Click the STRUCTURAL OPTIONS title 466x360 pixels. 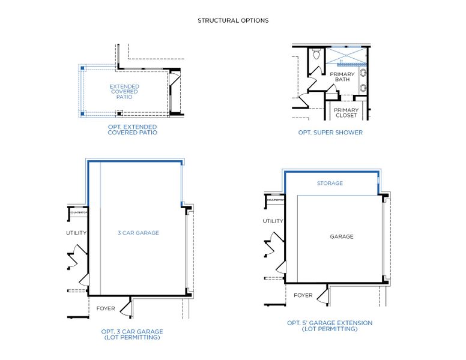pos(233,20)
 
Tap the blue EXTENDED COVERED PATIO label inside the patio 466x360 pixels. pos(124,92)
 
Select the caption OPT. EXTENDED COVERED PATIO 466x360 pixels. pos(132,130)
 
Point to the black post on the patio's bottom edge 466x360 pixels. pos(120,112)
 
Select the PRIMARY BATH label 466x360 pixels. pos(342,77)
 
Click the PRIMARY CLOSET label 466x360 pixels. pos(346,113)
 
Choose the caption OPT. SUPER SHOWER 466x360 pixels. pos(330,133)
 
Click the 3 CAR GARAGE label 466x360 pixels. pos(138,233)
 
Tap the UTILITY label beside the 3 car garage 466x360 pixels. pos(76,233)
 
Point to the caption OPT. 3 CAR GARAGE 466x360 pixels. pos(132,334)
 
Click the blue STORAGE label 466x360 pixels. pos(330,183)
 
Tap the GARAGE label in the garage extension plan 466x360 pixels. pos(341,236)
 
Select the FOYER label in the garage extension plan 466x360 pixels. pos(303,295)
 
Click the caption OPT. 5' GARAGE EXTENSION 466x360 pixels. pos(329,326)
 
